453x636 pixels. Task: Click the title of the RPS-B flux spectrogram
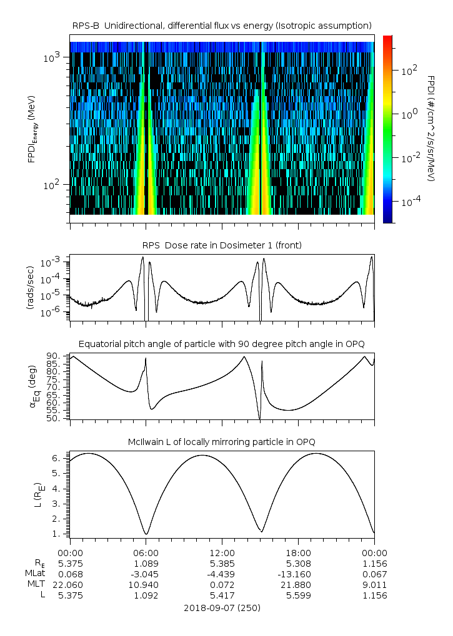coord(222,26)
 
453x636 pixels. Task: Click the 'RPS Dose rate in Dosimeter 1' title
coord(222,245)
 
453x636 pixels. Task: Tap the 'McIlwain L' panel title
coord(222,442)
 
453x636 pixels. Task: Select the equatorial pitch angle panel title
coord(222,344)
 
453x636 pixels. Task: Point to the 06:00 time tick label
coord(146,552)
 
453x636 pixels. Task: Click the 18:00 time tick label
coord(298,552)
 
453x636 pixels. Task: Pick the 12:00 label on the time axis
coord(222,552)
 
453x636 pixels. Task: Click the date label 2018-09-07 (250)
coord(222,607)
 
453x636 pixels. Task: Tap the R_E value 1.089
coord(146,563)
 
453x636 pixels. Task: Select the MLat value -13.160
coord(298,574)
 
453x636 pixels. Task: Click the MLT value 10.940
coord(146,585)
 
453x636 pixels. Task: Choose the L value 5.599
coord(298,595)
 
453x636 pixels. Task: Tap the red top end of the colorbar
coord(388,38)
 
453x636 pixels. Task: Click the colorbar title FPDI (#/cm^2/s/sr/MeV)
coord(431,128)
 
